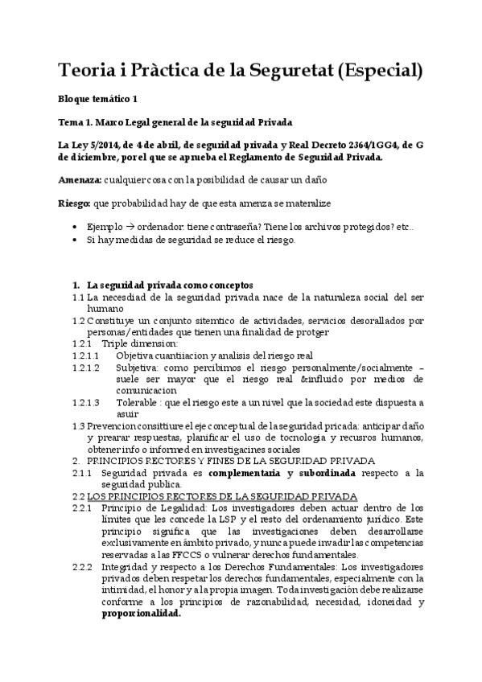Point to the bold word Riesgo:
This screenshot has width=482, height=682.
click(x=76, y=203)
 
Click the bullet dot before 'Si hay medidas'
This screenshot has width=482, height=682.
click(x=74, y=240)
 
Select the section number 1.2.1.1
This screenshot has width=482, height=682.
click(x=85, y=355)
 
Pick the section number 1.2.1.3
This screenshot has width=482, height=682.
click(x=85, y=401)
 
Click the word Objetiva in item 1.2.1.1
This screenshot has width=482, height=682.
click(x=134, y=355)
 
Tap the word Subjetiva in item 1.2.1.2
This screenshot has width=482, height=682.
click(x=137, y=367)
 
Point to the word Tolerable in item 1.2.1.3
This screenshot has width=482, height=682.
click(x=137, y=401)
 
